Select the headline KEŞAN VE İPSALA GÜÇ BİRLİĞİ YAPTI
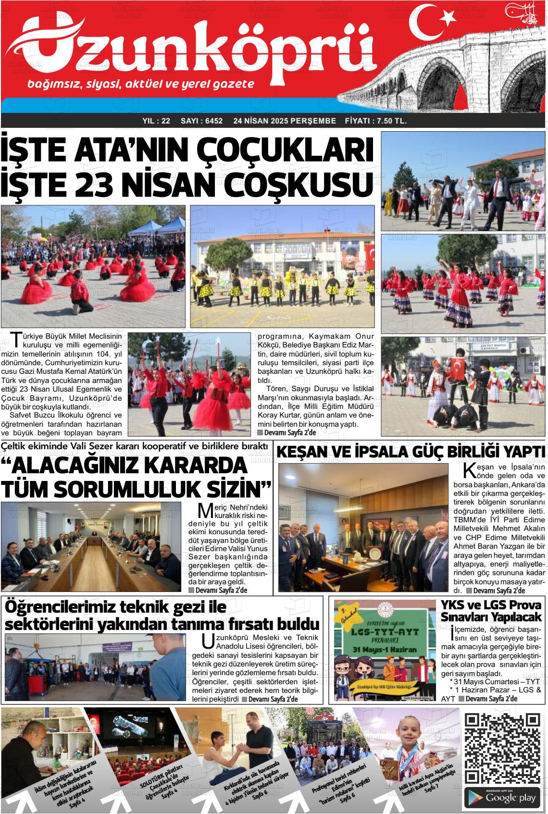click(x=411, y=453)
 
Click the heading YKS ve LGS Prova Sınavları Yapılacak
click(x=491, y=611)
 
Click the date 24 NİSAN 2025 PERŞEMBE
click(x=285, y=121)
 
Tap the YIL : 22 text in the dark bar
click(x=157, y=121)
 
